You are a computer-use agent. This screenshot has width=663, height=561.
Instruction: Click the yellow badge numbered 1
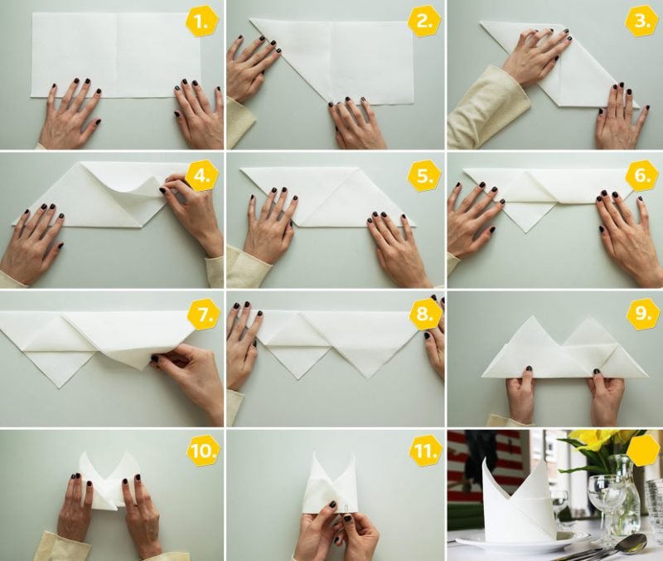click(x=201, y=22)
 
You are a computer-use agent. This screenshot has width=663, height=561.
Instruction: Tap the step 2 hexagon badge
click(x=423, y=22)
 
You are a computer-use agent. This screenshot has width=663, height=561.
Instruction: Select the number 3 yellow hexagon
click(x=641, y=22)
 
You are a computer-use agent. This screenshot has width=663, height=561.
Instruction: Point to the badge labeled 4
click(x=201, y=174)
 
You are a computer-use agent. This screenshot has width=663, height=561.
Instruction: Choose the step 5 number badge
click(x=423, y=176)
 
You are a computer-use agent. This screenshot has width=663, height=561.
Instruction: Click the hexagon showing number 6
click(x=641, y=176)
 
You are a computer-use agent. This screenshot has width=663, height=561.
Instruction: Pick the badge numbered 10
click(x=201, y=451)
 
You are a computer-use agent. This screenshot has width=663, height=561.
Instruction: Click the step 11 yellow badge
click(x=423, y=451)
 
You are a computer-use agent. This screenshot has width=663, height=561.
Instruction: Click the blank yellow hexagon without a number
click(x=641, y=451)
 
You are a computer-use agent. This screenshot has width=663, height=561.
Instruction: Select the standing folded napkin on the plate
click(x=518, y=498)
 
